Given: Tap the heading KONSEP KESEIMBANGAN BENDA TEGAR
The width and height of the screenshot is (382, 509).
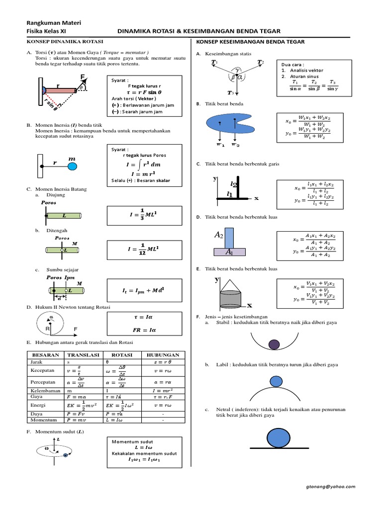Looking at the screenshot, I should [x=251, y=42].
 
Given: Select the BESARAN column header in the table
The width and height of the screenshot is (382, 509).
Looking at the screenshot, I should [x=46, y=355].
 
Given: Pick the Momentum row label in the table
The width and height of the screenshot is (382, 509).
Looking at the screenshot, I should [x=42, y=420].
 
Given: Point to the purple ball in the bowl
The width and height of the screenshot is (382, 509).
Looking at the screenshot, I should [x=274, y=344].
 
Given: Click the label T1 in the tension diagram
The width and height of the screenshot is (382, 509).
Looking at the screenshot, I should [x=215, y=62].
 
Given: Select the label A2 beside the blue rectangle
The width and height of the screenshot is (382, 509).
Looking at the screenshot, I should [x=218, y=234].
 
